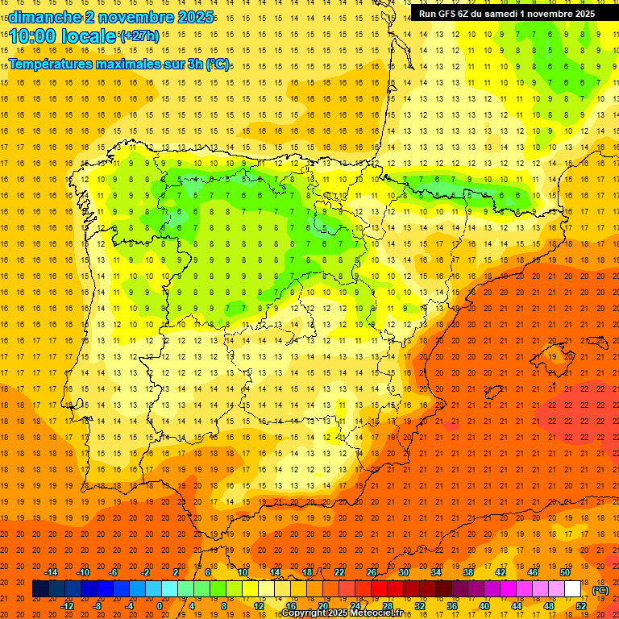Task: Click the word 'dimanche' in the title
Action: click(44, 16)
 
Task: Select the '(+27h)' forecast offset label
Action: click(139, 35)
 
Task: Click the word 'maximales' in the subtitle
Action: click(119, 64)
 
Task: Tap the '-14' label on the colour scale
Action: click(51, 572)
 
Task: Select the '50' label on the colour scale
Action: click(565, 572)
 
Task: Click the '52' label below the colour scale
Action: click(581, 606)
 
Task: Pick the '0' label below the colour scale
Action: click(160, 606)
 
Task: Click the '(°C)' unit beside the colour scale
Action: click(600, 590)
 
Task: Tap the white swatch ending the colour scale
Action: click(573, 589)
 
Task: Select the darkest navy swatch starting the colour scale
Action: click(40, 589)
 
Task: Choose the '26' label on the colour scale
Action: click(372, 572)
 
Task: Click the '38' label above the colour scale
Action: click(468, 572)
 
